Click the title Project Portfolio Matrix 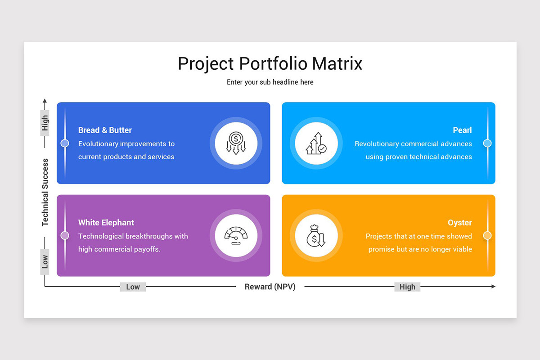coord(270,63)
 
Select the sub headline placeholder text coord(270,82)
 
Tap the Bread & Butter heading coord(105,130)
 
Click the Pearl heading coord(462,130)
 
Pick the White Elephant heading coord(106,222)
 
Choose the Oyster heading coord(459,222)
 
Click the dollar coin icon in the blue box coord(236,144)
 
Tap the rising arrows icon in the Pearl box coord(316,144)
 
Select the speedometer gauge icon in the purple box coord(236,235)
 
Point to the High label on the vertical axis coord(45,123)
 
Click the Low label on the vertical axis coord(45,261)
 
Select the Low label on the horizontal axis coord(133,287)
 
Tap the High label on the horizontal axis coord(407,287)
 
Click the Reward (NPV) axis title coord(270,287)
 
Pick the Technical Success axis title coord(45,192)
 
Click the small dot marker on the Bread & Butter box coord(65,143)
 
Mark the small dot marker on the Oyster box coord(487,235)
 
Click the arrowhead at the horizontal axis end coord(493,286)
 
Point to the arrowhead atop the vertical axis coord(45,101)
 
